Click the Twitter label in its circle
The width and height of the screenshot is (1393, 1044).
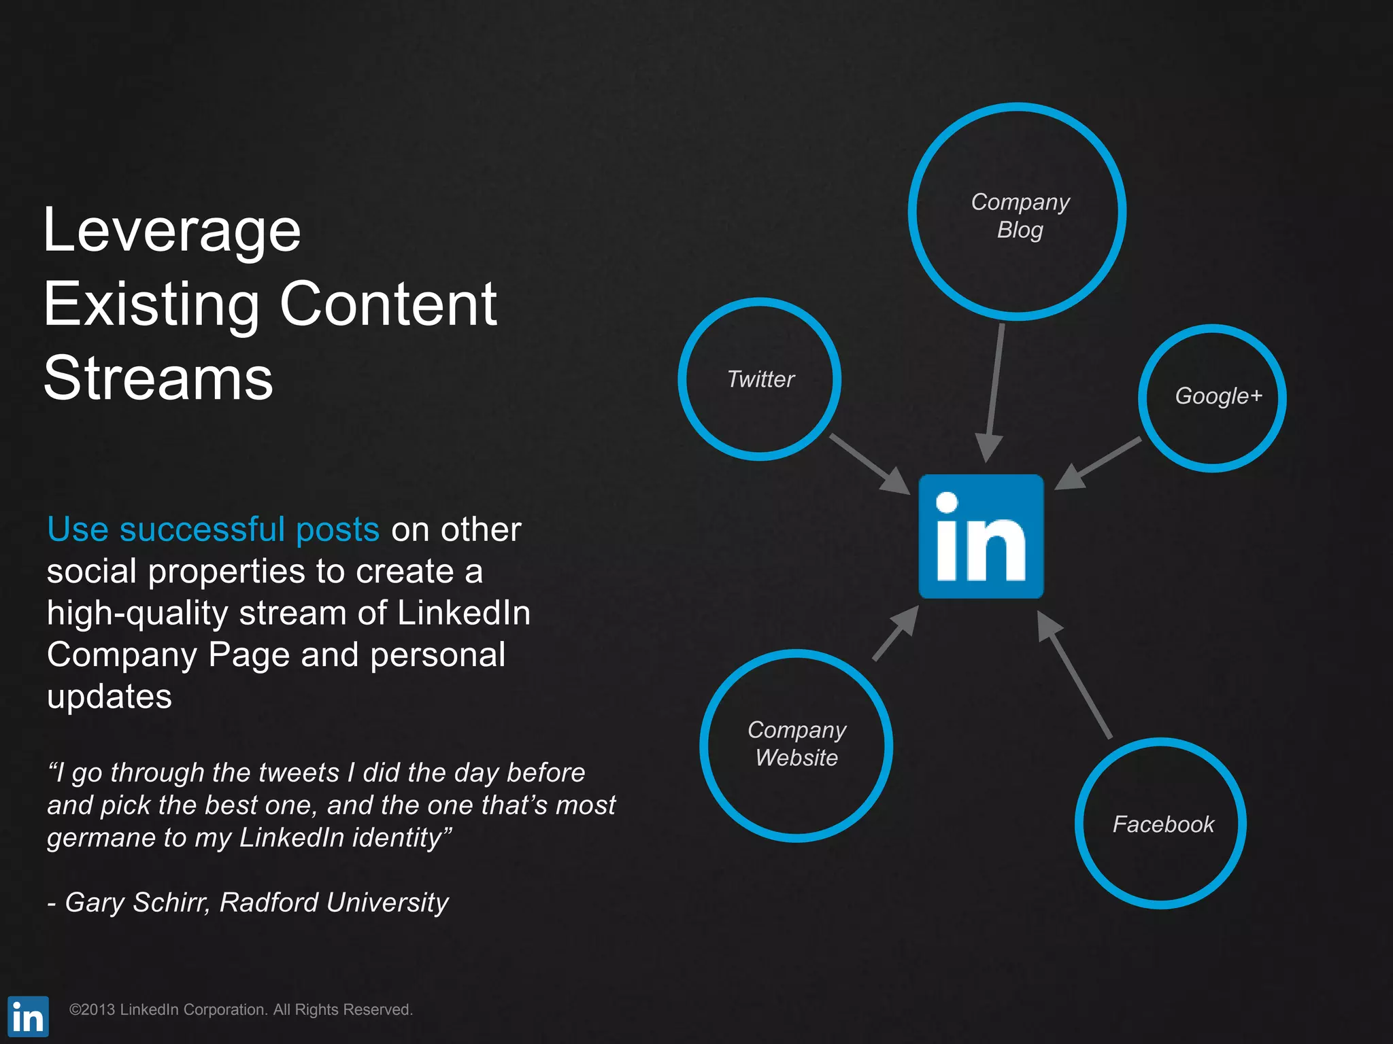760,379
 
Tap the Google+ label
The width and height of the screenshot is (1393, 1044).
1218,396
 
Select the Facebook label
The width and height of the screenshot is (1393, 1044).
1163,824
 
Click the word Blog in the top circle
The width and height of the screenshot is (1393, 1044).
1020,230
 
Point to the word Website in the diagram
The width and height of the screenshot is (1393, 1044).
796,758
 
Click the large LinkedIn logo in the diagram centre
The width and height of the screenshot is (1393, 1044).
981,536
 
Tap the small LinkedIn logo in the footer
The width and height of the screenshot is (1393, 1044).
28,1017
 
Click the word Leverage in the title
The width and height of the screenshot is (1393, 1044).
171,231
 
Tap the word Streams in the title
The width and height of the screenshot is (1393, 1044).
158,379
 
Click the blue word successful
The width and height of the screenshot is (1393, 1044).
202,529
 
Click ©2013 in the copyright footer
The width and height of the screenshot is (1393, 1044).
92,1010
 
